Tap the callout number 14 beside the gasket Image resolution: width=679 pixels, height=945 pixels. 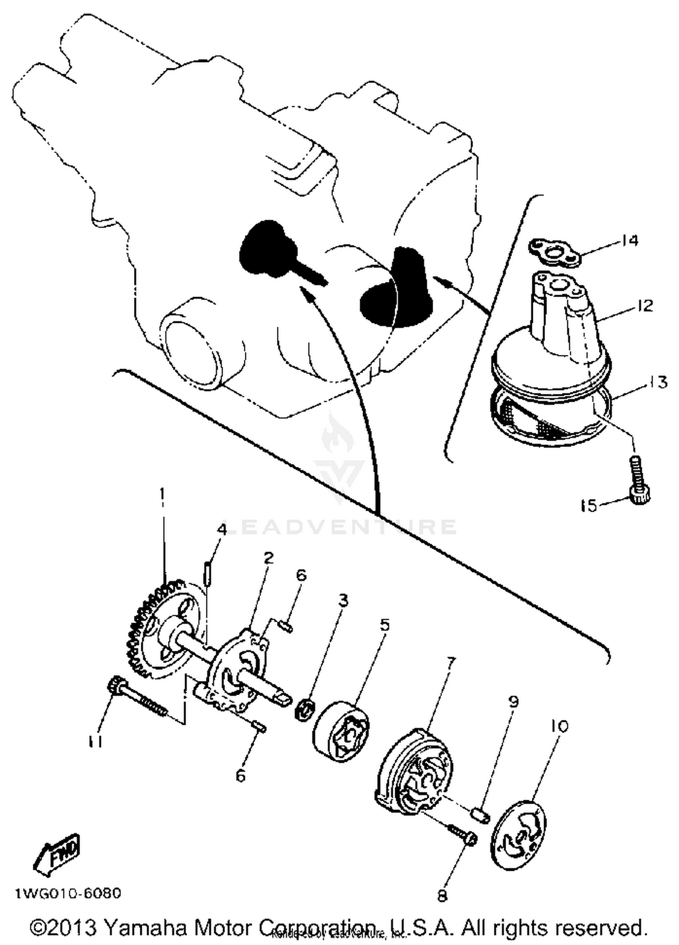[629, 240]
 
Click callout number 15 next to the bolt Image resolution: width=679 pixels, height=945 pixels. [589, 505]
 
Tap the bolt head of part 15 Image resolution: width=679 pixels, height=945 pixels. [639, 497]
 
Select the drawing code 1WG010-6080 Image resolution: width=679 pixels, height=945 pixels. [68, 893]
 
